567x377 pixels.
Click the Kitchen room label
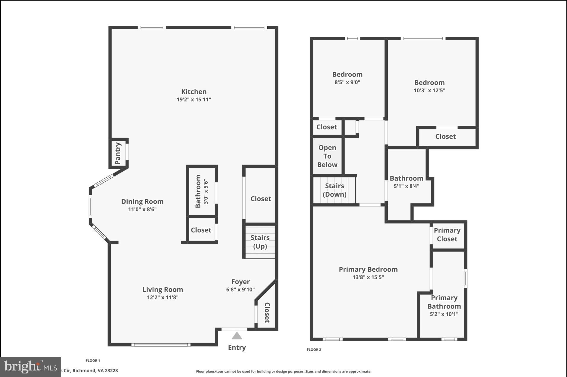[194, 92]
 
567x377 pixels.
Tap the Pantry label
[118, 153]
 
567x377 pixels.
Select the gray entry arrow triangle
[237, 336]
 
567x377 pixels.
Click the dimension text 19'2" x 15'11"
[194, 100]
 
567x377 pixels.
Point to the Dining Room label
[142, 202]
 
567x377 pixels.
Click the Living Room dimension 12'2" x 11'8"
[163, 297]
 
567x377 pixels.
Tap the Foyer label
[240, 282]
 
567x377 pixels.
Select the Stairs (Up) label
[260, 242]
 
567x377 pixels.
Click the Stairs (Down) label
[334, 190]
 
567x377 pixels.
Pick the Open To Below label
[327, 156]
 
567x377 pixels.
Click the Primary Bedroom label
[368, 269]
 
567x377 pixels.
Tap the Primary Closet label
[447, 235]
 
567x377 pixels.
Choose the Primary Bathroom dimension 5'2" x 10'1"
[444, 314]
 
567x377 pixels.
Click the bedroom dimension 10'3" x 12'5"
[429, 91]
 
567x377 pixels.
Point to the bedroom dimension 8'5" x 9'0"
[347, 83]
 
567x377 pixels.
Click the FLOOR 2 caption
[314, 349]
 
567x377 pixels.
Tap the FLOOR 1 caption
[93, 360]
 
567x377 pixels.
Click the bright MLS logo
[31, 367]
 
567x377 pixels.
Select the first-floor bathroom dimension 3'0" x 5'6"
[206, 191]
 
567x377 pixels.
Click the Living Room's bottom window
[161, 344]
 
